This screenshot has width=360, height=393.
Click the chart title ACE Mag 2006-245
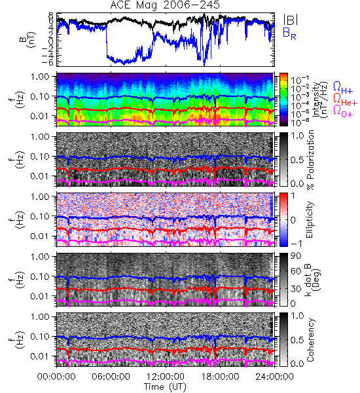pyautogui.click(x=165, y=5)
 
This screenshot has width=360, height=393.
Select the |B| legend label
pyautogui.click(x=291, y=20)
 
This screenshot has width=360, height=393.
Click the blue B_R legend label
pyautogui.click(x=289, y=33)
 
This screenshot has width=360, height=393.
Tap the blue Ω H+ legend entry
pyautogui.click(x=343, y=88)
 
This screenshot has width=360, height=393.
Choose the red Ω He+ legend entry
pyautogui.click(x=345, y=100)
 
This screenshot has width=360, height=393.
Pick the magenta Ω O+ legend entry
pyautogui.click(x=343, y=111)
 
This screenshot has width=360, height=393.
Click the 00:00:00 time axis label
pyautogui.click(x=56, y=377)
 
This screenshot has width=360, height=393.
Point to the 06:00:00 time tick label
pyautogui.click(x=111, y=377)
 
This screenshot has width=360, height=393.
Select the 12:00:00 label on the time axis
pyautogui.click(x=166, y=377)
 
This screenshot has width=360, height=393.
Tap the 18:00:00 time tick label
pyautogui.click(x=220, y=377)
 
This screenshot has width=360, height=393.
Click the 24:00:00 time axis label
pyautogui.click(x=274, y=377)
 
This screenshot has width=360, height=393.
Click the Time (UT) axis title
pyautogui.click(x=165, y=386)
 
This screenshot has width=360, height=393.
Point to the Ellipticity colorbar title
pyautogui.click(x=310, y=219)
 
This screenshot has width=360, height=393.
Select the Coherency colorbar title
pyautogui.click(x=310, y=340)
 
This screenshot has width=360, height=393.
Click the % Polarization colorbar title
pyautogui.click(x=310, y=160)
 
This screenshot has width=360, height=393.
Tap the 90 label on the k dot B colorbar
pyautogui.click(x=296, y=256)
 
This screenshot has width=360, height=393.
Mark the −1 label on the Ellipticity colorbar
pyautogui.click(x=296, y=244)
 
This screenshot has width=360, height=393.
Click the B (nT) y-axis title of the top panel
pyautogui.click(x=27, y=40)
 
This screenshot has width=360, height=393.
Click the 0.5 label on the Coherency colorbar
pyautogui.click(x=297, y=340)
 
